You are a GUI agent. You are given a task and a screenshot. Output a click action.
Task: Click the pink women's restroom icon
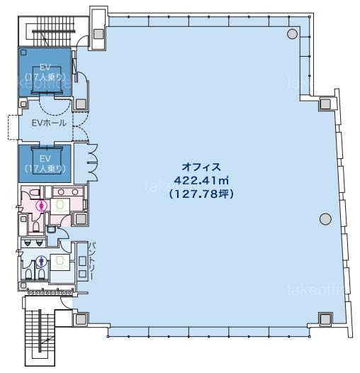42,206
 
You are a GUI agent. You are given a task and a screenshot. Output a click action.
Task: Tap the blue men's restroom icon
42,261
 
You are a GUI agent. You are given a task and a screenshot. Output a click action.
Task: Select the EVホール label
49,123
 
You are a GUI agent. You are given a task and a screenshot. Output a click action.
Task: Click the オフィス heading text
201,167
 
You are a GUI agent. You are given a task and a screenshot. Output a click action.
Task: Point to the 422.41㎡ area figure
201,181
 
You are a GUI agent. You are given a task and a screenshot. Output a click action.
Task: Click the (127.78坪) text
201,194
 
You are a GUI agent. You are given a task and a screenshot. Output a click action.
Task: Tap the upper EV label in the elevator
45,67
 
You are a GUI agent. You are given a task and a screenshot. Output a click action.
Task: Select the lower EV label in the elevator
45,158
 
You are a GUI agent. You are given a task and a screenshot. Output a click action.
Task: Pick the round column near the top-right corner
292,34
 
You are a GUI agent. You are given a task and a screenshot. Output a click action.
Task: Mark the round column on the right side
325,219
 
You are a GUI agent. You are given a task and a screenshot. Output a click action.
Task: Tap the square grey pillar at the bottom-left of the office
81,319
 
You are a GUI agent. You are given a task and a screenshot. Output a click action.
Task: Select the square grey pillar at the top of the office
99,34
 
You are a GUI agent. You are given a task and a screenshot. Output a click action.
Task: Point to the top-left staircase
53,31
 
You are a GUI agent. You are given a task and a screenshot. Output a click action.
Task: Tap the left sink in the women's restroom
60,191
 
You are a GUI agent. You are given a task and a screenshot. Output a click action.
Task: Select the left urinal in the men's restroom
28,243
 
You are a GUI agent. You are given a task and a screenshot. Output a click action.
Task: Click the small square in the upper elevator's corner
23,52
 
